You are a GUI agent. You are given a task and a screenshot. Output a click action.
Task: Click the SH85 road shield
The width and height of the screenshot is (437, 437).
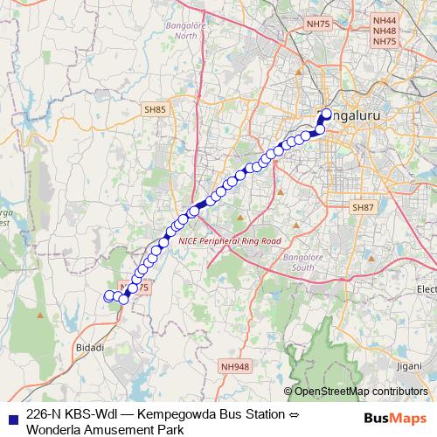tap(155, 109)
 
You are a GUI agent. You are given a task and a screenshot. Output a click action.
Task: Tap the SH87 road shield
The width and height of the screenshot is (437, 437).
tap(362, 207)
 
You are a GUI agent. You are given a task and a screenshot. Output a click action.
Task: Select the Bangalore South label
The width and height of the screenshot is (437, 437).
tap(303, 262)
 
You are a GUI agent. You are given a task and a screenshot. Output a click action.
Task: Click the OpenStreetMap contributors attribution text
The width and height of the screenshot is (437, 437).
tap(363, 392)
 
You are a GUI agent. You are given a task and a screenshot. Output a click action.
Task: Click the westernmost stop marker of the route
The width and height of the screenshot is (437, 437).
tap(109, 296)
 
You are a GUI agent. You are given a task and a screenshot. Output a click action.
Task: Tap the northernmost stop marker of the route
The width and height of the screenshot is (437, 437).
tap(327, 113)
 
